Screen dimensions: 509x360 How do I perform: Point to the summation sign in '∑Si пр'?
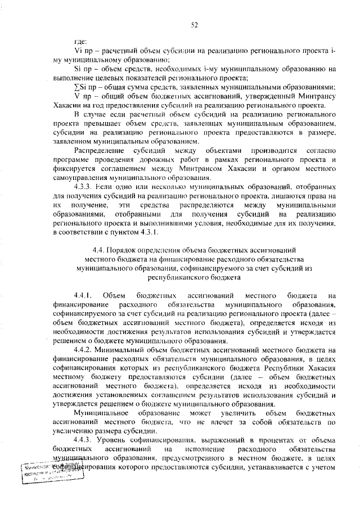(76, 87)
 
